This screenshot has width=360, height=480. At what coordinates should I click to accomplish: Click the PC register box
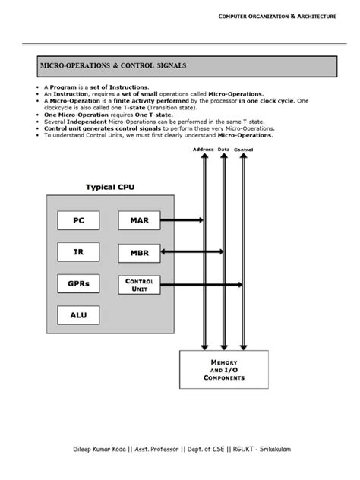pyautogui.click(x=79, y=220)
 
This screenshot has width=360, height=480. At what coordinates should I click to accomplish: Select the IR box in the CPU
pyautogui.click(x=79, y=252)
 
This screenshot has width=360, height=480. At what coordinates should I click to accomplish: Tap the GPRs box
pyautogui.click(x=79, y=284)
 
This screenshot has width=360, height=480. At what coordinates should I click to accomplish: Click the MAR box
pyautogui.click(x=139, y=220)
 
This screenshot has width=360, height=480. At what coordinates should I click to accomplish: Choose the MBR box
pyautogui.click(x=139, y=252)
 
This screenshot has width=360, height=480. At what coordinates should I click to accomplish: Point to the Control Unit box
pyautogui.click(x=139, y=284)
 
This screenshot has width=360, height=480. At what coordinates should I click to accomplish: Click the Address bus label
pyautogui.click(x=203, y=150)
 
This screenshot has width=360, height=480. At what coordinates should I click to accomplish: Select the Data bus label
pyautogui.click(x=223, y=150)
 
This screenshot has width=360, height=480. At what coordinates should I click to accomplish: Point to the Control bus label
pyautogui.click(x=244, y=150)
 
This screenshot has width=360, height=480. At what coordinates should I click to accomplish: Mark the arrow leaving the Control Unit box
pyautogui.click(x=201, y=284)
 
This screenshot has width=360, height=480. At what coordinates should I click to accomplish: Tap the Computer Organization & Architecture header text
pyautogui.click(x=276, y=16)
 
